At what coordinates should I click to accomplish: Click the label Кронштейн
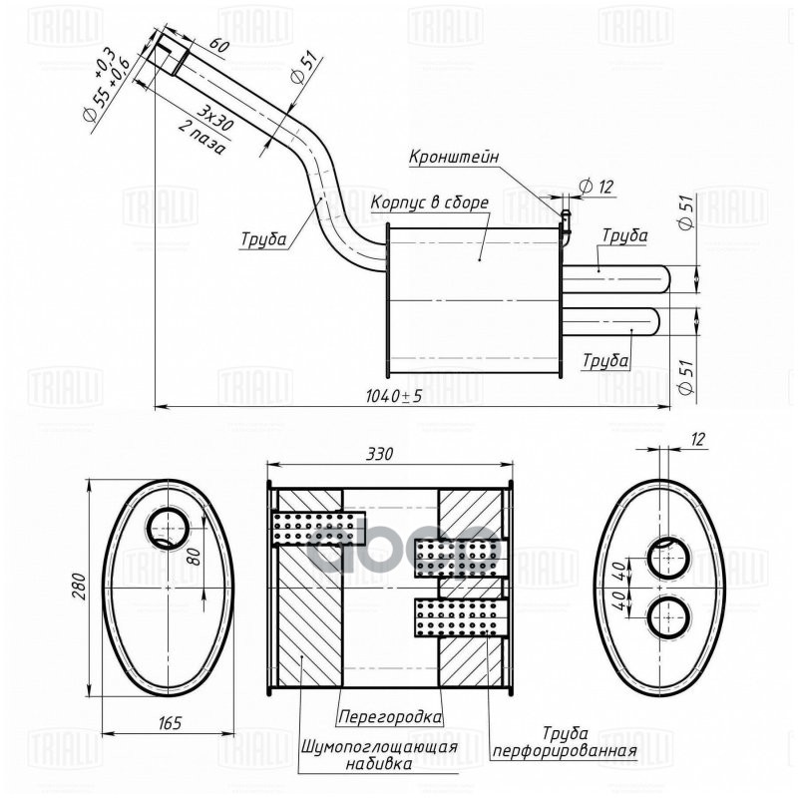[x=453, y=157]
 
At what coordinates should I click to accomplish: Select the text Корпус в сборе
[x=429, y=202]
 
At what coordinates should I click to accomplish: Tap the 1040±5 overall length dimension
[x=396, y=396]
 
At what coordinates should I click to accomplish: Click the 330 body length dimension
[x=380, y=453]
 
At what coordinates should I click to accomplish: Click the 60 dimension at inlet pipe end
[x=220, y=47]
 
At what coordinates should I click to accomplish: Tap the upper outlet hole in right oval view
[x=666, y=560]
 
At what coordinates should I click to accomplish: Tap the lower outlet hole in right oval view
[x=666, y=619]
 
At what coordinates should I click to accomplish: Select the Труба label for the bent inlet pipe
[x=263, y=239]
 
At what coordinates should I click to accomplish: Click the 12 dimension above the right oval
[x=696, y=440]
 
